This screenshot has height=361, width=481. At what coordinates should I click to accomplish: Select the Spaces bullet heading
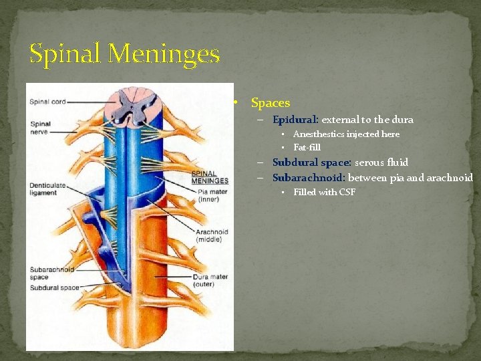pos(270,103)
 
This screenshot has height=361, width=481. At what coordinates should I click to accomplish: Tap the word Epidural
pos(295,120)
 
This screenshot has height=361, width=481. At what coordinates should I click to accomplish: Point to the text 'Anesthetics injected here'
pos(346,134)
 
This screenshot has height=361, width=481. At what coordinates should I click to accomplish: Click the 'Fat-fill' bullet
pos(307,147)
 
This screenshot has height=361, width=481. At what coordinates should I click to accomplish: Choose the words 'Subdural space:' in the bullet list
pos(312,162)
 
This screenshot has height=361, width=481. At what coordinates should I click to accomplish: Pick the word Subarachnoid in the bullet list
pos(309,178)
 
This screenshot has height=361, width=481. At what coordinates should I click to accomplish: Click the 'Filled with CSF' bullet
pos(324,193)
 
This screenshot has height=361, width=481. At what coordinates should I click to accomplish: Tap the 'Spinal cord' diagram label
pos(47,102)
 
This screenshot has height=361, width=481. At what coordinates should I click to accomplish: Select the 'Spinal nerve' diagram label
pos(41,128)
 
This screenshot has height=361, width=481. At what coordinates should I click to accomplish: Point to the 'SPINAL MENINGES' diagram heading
pos(210,177)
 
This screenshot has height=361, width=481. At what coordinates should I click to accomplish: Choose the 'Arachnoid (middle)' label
pos(212,235)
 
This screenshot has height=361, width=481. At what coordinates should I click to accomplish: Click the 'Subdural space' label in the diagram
pos(54,287)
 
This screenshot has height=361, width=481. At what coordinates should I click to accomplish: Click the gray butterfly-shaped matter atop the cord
pos(136,105)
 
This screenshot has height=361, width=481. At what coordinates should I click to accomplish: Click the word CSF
pos(347,193)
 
